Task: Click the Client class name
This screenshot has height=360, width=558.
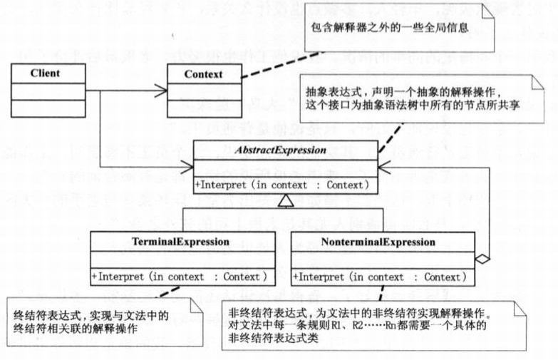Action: [46, 73]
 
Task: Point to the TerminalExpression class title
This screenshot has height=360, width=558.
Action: [181, 242]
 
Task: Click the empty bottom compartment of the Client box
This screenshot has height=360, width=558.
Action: [46, 109]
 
